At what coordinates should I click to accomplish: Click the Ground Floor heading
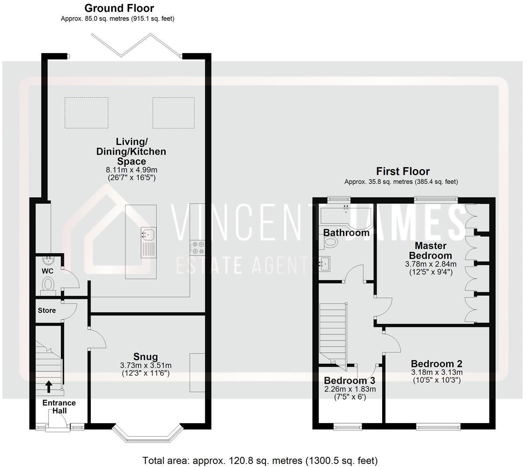119,8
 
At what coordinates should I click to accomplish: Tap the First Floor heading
403,171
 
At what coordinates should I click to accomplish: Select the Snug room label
146,356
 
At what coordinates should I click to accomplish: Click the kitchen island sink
148,234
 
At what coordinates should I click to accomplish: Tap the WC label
47,271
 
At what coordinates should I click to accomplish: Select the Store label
46,310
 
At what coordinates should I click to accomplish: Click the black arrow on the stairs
48,386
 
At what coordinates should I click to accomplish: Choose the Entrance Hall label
59,406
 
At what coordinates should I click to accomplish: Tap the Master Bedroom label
430,251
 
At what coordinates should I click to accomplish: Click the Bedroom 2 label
436,363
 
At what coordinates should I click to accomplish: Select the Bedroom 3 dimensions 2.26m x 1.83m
350,389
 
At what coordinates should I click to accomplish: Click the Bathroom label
346,233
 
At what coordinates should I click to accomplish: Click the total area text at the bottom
259,460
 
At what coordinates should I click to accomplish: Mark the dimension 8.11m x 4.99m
131,170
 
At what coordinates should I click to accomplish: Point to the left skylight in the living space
86,113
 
